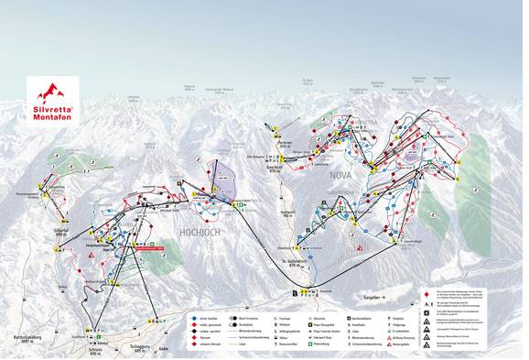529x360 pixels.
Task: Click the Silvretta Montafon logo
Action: [x=51, y=92]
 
